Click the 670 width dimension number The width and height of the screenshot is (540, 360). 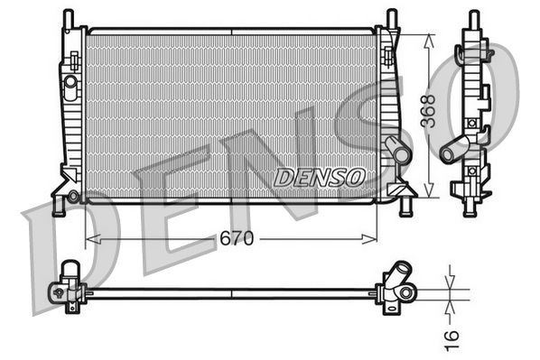click(236, 239)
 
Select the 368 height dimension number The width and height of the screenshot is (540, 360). click(429, 112)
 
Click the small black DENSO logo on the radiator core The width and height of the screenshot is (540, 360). click(319, 177)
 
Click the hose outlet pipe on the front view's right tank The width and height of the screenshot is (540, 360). click(396, 150)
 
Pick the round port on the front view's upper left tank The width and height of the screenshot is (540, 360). click(70, 82)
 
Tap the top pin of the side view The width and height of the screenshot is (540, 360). click(470, 19)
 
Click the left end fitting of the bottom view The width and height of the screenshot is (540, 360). click(67, 287)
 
